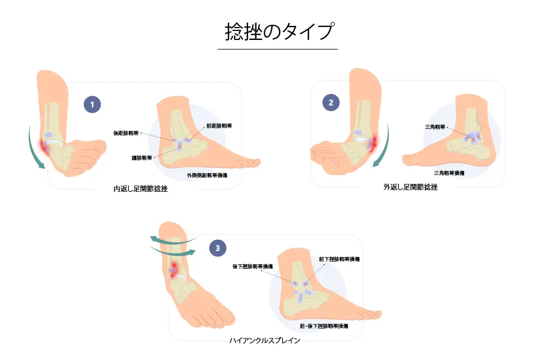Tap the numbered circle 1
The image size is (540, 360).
92,103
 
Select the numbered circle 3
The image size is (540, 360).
218,246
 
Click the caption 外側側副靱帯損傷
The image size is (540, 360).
206,175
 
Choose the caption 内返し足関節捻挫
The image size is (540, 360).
140,190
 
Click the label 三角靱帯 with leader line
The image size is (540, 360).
434,128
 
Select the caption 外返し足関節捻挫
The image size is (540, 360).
410,187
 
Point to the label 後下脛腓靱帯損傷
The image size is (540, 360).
253,266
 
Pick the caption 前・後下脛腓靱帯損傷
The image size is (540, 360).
323,326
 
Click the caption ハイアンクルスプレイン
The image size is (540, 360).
264,341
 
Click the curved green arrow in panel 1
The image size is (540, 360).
33,149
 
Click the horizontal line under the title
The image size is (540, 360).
277,49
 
